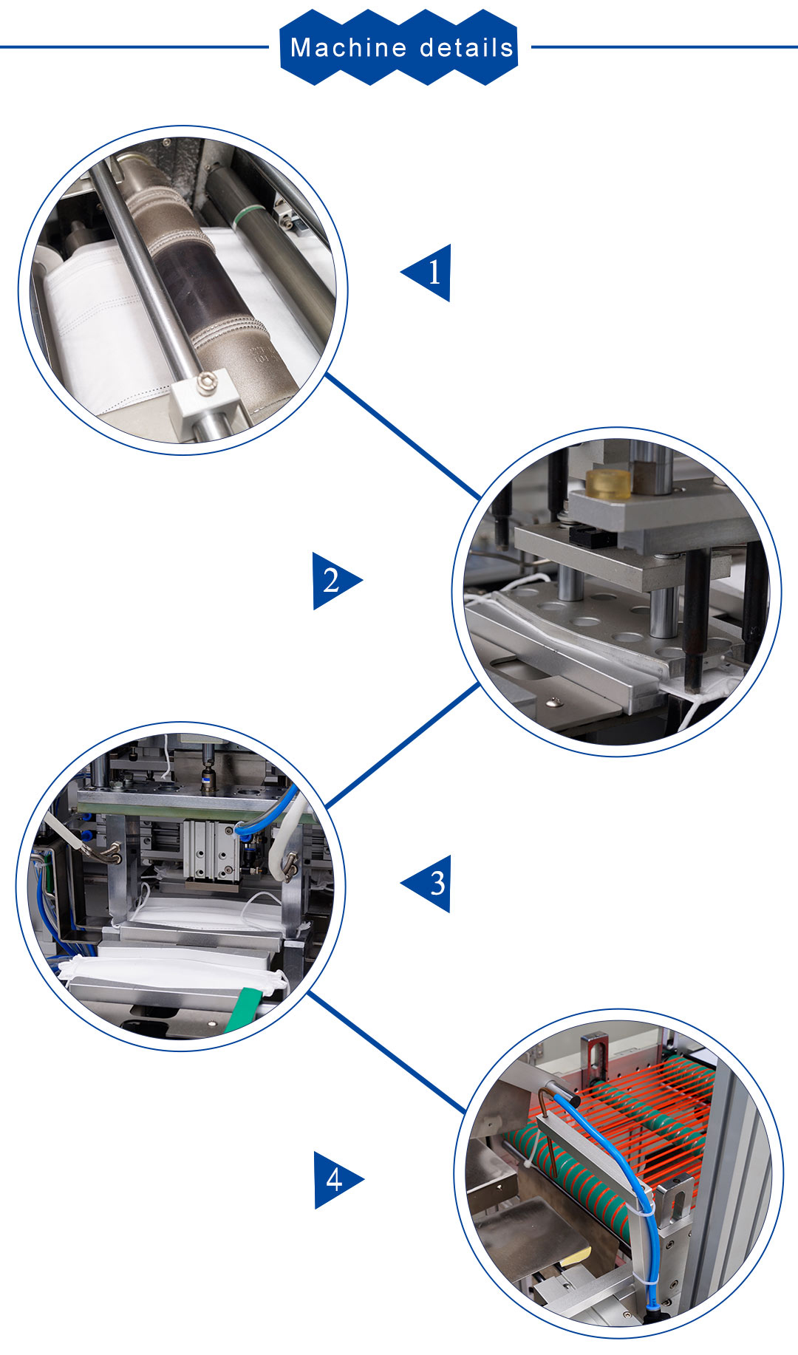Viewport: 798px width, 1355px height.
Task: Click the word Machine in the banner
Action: tap(338, 48)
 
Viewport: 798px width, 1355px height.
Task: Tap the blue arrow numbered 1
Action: tap(426, 273)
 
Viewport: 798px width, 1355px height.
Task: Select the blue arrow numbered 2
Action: tap(337, 581)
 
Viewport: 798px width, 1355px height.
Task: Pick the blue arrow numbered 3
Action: tap(426, 884)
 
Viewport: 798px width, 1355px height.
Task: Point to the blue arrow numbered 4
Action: tap(338, 1180)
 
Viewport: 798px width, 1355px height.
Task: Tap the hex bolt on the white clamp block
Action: tap(207, 381)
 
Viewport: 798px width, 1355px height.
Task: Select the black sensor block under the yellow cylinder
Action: tap(592, 537)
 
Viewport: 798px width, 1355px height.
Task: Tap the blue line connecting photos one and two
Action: tap(403, 436)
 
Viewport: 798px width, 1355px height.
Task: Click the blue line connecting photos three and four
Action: tap(386, 1052)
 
